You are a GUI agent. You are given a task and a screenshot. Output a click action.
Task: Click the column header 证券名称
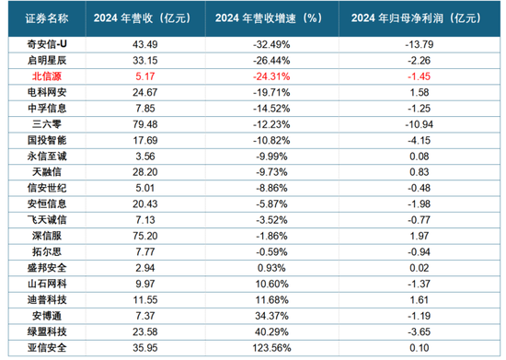[x=42, y=18]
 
